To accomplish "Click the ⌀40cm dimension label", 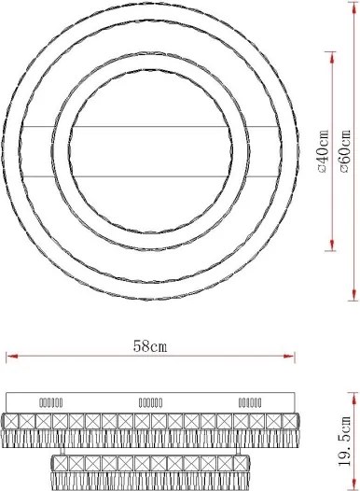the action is coord(323,151).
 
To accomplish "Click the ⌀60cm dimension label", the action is coord(345,151).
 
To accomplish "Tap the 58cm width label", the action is coord(150,346).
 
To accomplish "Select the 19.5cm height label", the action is coord(345,442).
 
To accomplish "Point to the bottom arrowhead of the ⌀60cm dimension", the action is coord(353,294).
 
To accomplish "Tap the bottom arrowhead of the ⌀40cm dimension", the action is coord(332,245).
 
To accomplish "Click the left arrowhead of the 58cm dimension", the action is coord(12,357).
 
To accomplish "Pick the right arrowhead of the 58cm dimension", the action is coord(288,357).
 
